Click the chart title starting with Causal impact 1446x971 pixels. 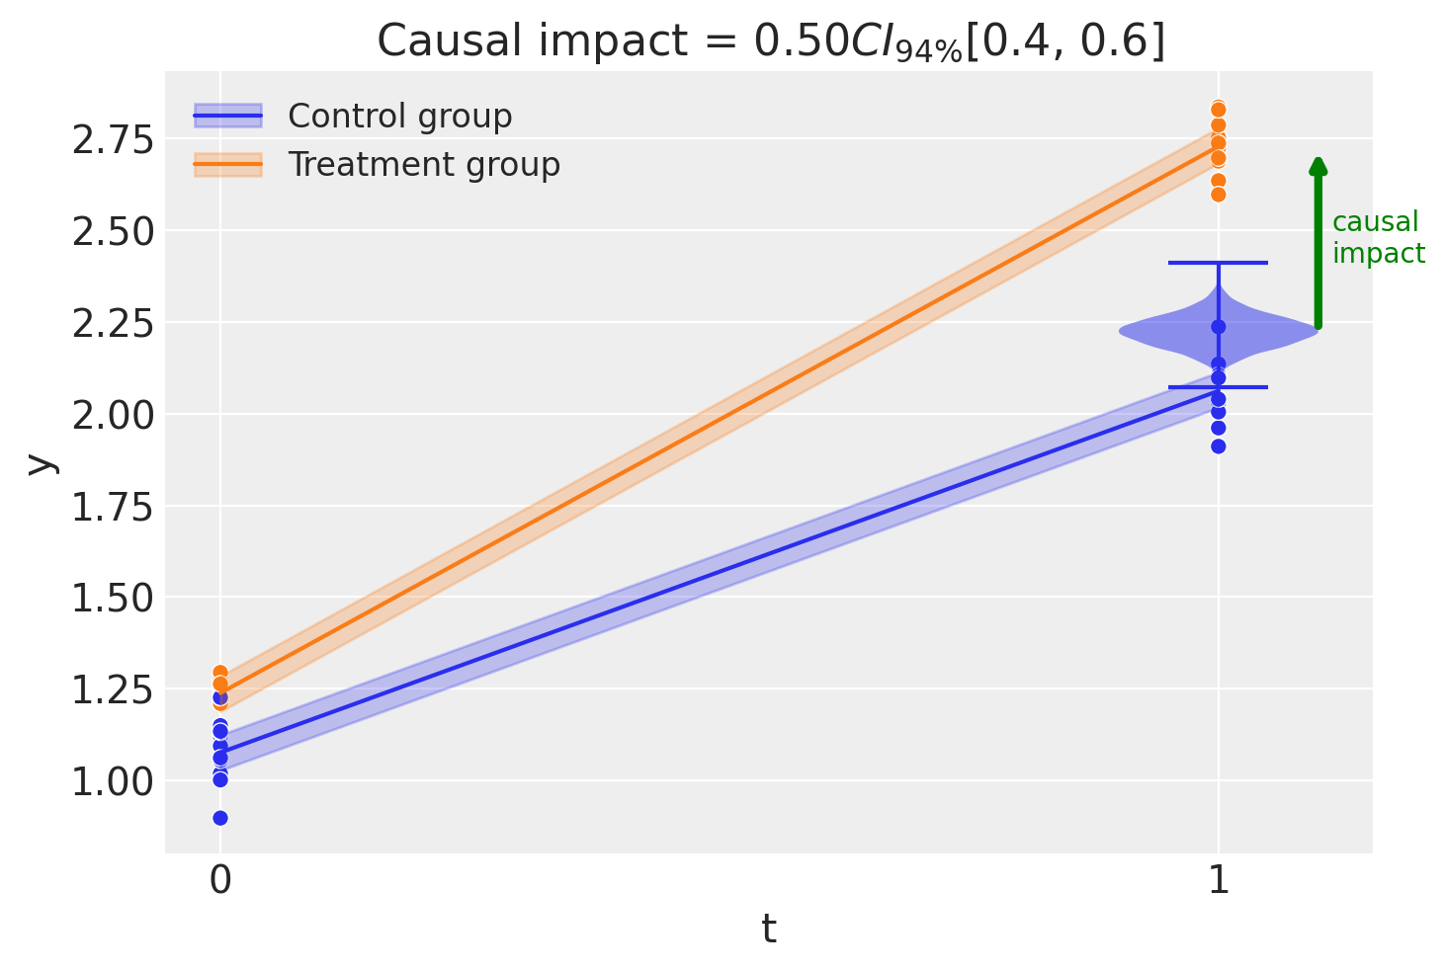tap(771, 41)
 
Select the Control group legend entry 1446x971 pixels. tap(399, 117)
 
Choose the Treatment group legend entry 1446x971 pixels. tap(423, 164)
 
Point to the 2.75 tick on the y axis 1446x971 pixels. tap(112, 140)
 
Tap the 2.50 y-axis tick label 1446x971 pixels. tap(112, 232)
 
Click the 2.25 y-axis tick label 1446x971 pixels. tap(112, 324)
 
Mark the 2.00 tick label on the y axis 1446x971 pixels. tap(112, 415)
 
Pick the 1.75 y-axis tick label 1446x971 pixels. tap(112, 507)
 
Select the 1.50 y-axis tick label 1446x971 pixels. tap(112, 599)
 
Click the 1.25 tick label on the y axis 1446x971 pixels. tap(112, 689)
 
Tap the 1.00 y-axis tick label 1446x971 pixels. tap(112, 781)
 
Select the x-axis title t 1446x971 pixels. tap(769, 930)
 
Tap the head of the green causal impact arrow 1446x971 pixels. tap(1318, 166)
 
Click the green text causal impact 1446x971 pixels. tap(1378, 238)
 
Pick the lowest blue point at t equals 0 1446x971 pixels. tap(220, 818)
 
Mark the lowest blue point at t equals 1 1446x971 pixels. tap(1218, 446)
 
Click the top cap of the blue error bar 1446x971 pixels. tap(1218, 263)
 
